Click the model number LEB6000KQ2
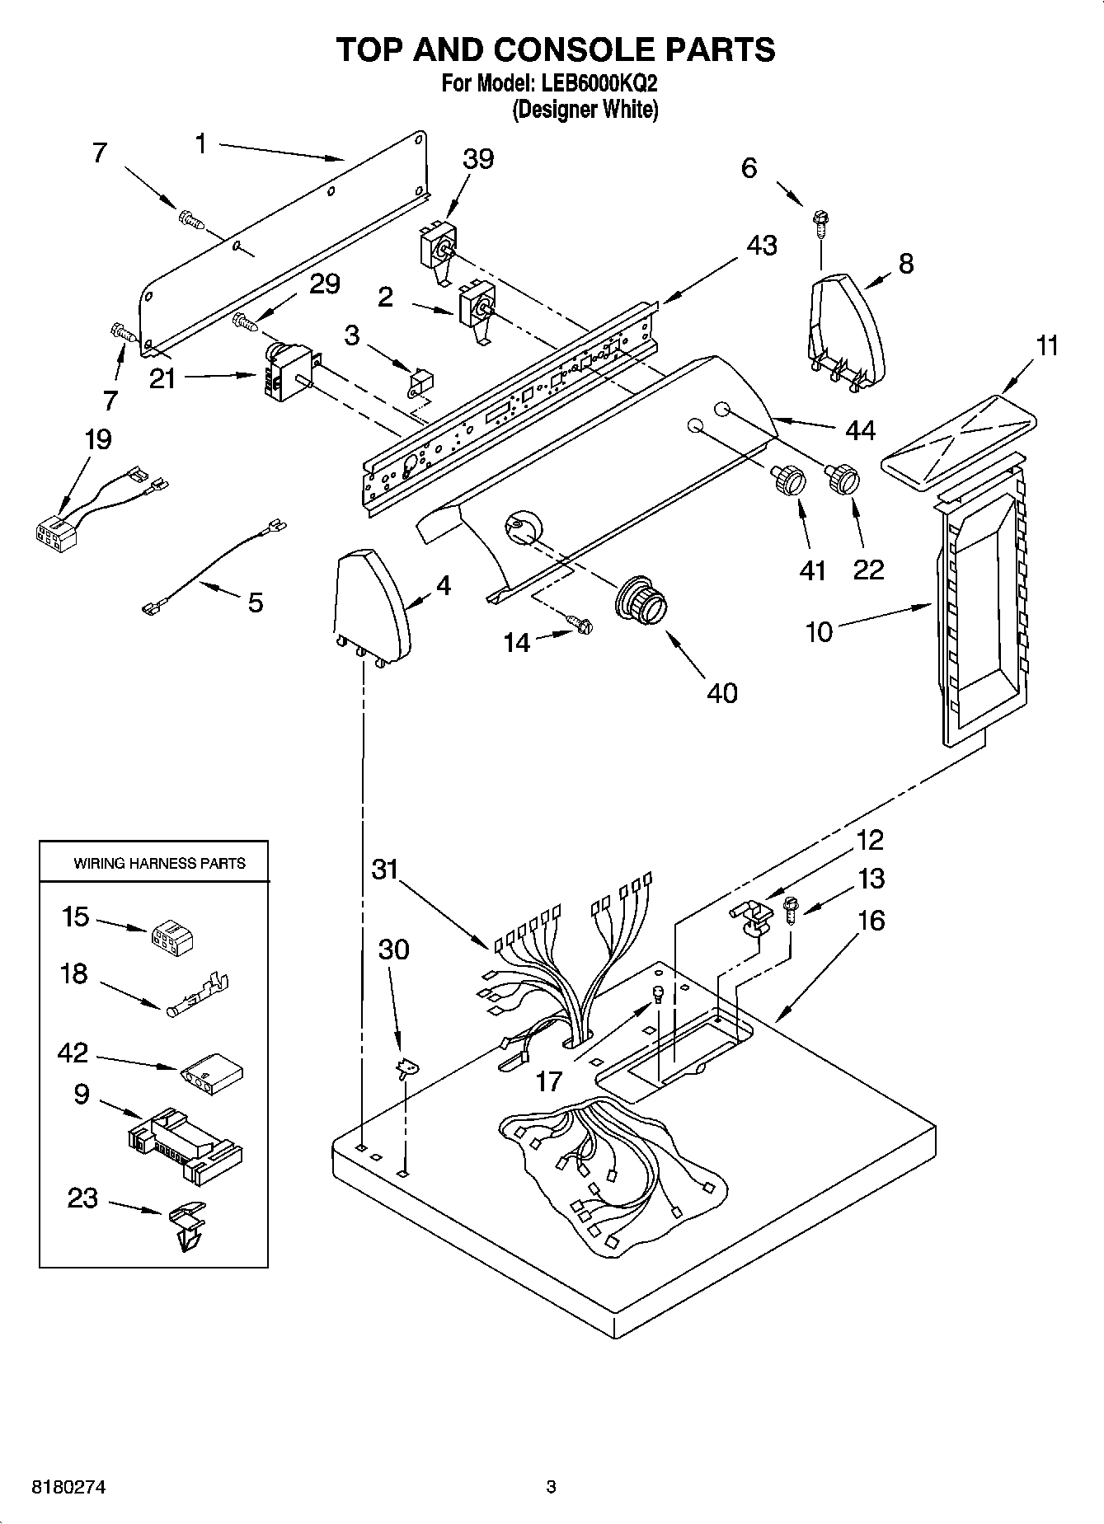click(598, 83)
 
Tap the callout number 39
click(477, 158)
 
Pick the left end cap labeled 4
click(370, 606)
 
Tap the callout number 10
click(819, 633)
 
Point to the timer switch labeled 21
click(286, 374)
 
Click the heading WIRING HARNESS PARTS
click(159, 864)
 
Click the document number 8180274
click(68, 1487)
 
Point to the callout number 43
click(761, 245)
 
